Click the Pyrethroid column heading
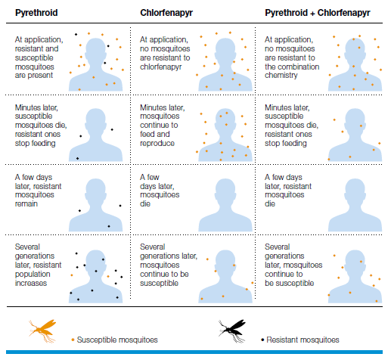tap(36, 13)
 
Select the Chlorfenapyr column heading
tap(166, 13)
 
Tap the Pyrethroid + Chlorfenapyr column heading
tap(318, 13)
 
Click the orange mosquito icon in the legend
tap(42, 331)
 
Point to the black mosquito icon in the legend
tap(232, 331)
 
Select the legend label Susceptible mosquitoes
tap(117, 340)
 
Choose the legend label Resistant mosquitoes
tap(303, 340)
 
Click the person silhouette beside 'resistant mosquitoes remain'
tap(95, 205)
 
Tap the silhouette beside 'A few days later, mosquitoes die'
tap(225, 205)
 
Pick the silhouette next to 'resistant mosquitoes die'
tap(355, 205)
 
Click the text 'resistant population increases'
tap(38, 274)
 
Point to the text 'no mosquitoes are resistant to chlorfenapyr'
tap(165, 57)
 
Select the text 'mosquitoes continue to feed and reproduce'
tap(160, 129)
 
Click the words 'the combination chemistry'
tap(292, 71)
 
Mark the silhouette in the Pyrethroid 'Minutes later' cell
tap(95, 135)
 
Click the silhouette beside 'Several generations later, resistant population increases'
tap(95, 277)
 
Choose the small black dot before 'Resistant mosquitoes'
tap(262, 340)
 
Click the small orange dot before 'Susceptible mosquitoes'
tap(73, 340)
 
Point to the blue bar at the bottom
tap(194, 352)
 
